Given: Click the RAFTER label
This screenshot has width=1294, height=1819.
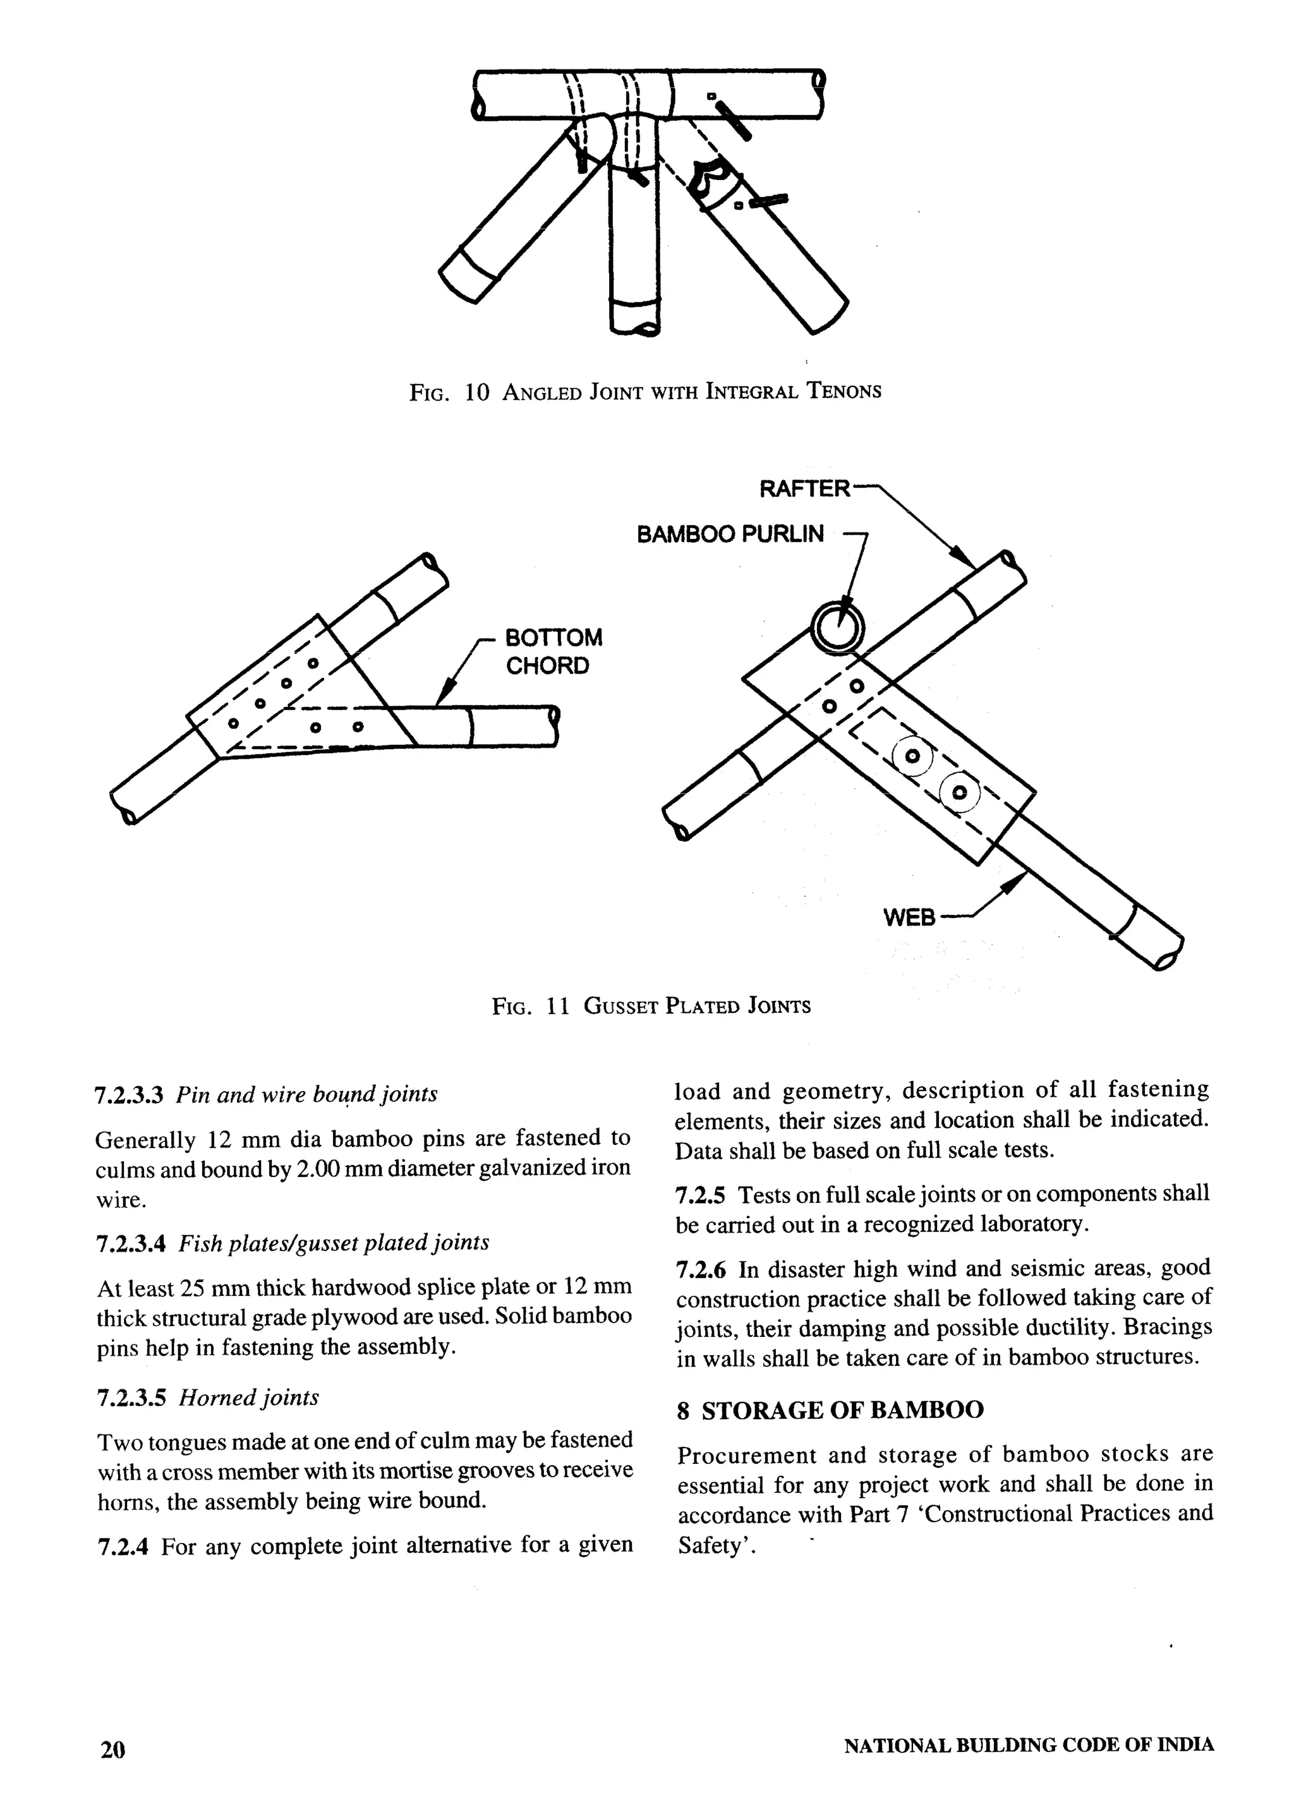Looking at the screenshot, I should tap(804, 488).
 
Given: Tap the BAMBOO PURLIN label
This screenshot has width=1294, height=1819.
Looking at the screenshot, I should tap(730, 534).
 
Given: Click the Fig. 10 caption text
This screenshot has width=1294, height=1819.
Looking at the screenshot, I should tap(645, 391).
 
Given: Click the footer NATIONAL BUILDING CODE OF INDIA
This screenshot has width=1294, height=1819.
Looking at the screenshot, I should tap(1029, 1745).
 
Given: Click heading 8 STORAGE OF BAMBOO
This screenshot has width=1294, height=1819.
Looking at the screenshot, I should tap(830, 1410).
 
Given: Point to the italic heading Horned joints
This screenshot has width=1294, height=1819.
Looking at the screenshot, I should tap(248, 1398).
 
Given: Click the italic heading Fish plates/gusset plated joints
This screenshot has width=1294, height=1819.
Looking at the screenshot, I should tap(334, 1243).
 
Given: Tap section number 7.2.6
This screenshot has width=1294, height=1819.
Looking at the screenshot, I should tap(700, 1269).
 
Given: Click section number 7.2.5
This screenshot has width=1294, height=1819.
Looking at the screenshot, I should tap(700, 1195).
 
